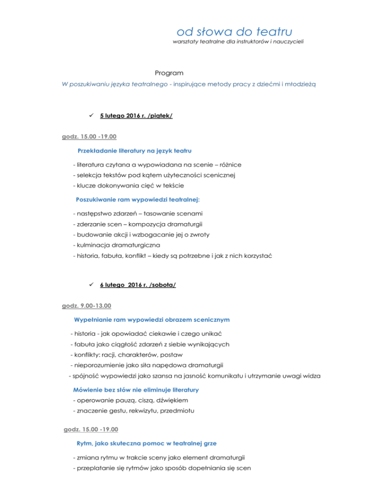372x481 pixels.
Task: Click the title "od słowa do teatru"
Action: click(x=234, y=32)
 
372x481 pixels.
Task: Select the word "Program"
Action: click(x=169, y=73)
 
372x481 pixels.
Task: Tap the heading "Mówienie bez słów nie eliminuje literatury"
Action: click(x=135, y=390)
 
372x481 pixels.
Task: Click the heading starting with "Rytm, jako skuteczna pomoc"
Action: click(x=141, y=442)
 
